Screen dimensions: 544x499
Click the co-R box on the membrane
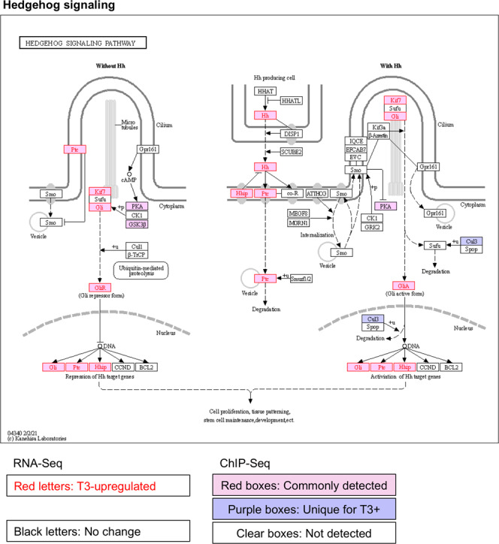[291, 194]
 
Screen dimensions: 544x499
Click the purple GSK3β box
[136, 224]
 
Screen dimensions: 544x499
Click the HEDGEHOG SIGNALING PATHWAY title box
[78, 43]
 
